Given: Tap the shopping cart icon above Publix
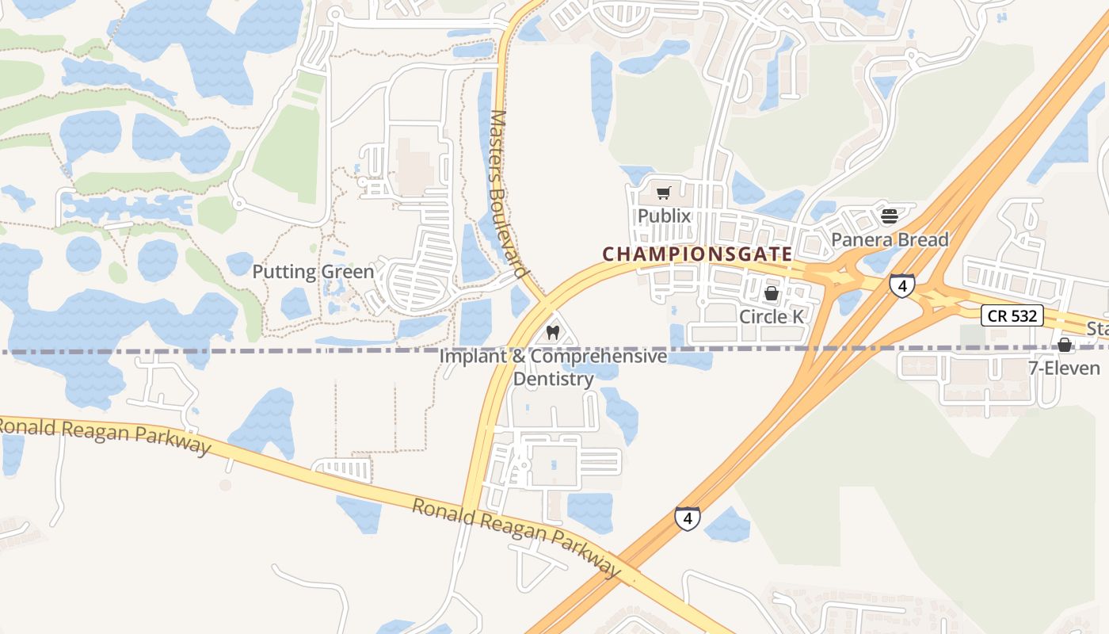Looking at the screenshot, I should point(664,193).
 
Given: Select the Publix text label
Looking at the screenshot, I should point(664,216).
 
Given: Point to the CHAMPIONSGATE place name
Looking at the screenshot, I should point(697,254).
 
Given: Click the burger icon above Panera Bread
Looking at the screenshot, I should point(889,216).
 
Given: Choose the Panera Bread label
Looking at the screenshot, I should point(889,239).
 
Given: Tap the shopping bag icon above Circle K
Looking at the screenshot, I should point(771,294).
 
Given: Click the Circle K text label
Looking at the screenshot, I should point(771,317).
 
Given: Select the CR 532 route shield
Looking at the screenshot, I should point(1012,316).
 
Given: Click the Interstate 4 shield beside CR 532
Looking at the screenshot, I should point(901,285).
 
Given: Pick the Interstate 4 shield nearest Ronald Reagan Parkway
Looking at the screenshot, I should point(688,518).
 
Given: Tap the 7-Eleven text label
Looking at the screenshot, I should point(1064,369).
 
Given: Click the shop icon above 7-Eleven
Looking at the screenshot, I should point(1064,345).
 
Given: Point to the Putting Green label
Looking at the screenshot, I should point(313,272).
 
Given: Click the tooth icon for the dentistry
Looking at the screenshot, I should point(553,333).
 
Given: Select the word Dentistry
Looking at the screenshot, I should point(553,380).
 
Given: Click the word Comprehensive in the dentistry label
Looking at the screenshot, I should point(599,357).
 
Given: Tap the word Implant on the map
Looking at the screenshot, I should point(472,357).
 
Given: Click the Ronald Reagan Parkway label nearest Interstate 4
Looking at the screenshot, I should point(516,537).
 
